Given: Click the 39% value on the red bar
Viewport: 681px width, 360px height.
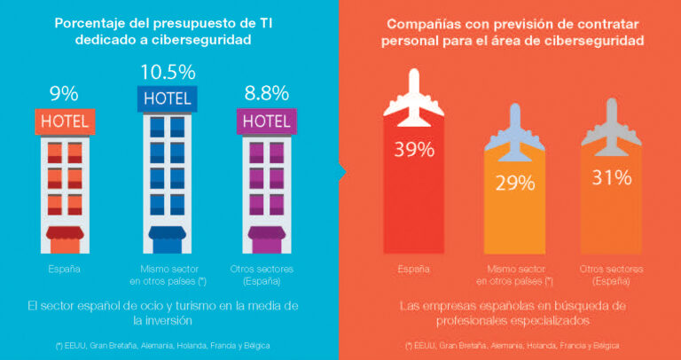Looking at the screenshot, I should pyautogui.click(x=413, y=149).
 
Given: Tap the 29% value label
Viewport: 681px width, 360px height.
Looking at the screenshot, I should pyautogui.click(x=514, y=184).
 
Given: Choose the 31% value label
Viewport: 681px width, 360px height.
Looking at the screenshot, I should pyautogui.click(x=611, y=177).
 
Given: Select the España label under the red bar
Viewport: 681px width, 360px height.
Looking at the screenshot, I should pyautogui.click(x=413, y=268).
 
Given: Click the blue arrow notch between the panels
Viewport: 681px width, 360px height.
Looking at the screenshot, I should pyautogui.click(x=341, y=171).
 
